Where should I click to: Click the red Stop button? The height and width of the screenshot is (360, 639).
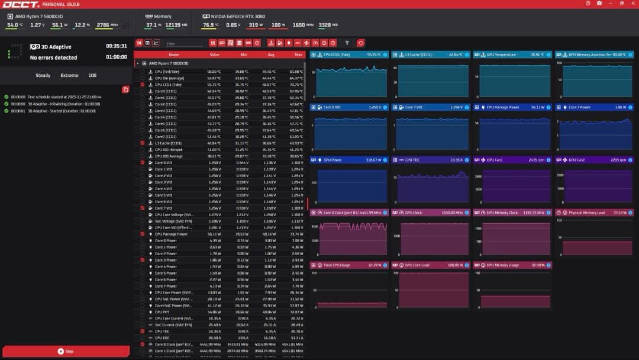tap(66, 351)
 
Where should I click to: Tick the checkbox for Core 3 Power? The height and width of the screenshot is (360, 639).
tap(142, 260)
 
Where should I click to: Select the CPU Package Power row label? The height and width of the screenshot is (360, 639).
tap(171, 234)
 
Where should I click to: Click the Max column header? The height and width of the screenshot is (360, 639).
tap(298, 54)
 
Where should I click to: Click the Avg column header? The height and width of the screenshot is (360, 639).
tap(271, 54)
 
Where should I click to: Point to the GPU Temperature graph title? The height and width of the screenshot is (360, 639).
tap(501, 54)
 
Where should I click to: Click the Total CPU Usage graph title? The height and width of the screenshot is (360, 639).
tap(337, 265)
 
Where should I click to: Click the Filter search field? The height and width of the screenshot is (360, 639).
tap(183, 43)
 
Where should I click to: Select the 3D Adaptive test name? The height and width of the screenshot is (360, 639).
tap(56, 47)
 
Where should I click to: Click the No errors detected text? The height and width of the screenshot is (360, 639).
tap(53, 57)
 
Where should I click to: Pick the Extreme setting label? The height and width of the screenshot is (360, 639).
tap(69, 76)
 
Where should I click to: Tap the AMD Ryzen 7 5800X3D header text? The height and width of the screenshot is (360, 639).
tap(39, 17)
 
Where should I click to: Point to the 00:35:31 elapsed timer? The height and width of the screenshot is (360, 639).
tap(116, 46)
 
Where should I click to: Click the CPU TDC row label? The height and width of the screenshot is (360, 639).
tap(163, 331)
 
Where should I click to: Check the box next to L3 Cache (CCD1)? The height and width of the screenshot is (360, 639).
tap(142, 143)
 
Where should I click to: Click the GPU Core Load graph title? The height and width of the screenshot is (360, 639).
tap(417, 265)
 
